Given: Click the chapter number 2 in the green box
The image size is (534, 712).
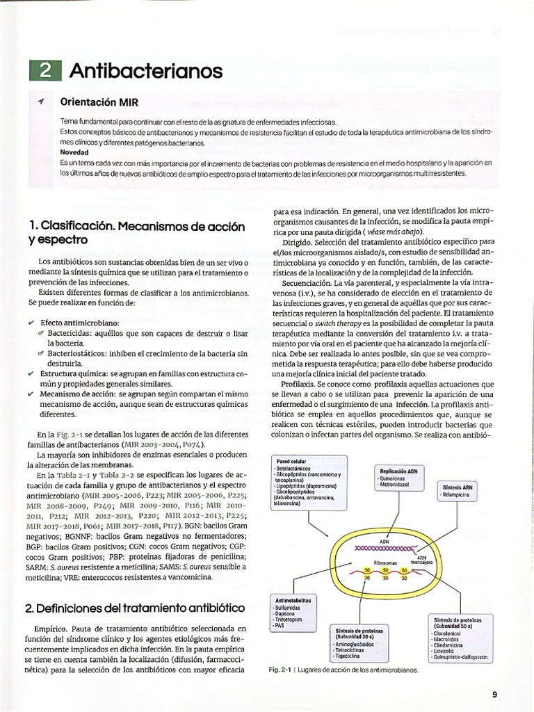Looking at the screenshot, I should (45, 72).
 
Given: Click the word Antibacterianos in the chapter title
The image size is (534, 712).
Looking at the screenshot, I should (146, 71).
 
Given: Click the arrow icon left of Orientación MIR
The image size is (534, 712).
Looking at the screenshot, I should (42, 102).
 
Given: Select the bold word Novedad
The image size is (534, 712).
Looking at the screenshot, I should (74, 152).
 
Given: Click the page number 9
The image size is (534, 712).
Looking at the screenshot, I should (494, 693).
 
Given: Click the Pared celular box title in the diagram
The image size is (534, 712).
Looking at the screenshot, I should (291, 461).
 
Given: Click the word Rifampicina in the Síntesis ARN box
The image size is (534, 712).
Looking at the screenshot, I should (455, 494).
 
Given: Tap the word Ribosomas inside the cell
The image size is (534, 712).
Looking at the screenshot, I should (386, 564).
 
